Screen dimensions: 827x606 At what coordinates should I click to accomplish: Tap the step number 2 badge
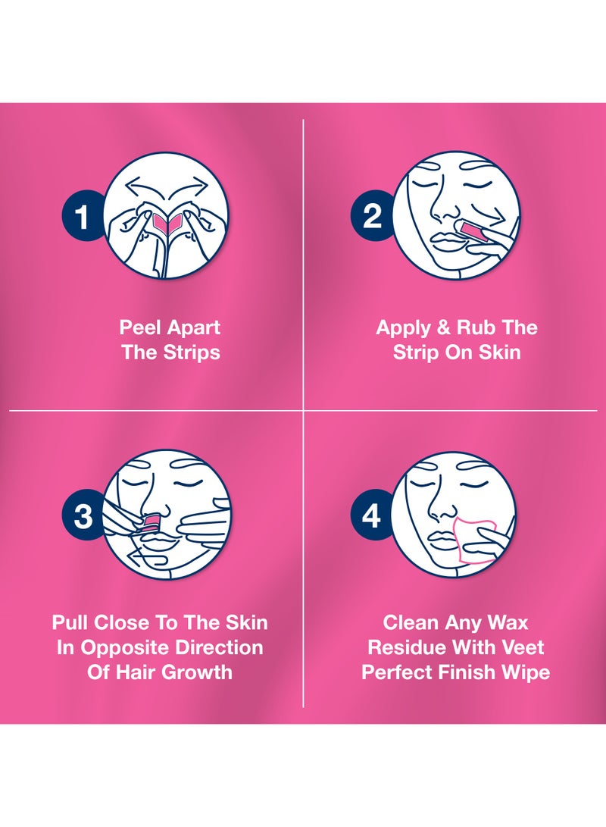[x=371, y=217]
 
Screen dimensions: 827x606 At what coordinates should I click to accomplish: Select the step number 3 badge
[x=83, y=516]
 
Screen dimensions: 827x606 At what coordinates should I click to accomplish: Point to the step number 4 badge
[x=371, y=516]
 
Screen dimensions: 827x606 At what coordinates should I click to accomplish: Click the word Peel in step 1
[x=140, y=328]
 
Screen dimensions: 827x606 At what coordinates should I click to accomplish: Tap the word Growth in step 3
[x=198, y=672]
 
